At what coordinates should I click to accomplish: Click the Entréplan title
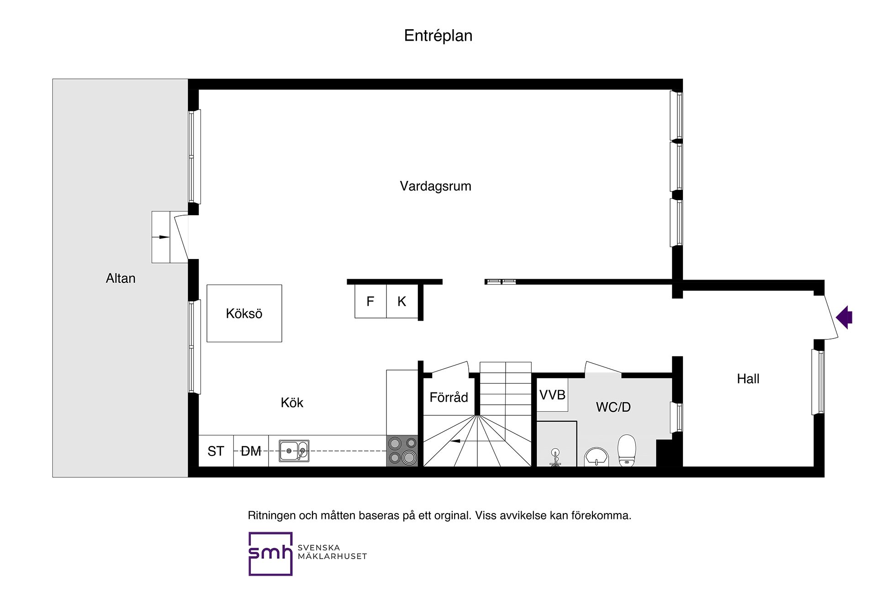click(x=438, y=36)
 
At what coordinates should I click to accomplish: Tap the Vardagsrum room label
click(x=435, y=186)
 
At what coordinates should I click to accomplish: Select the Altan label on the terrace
click(x=121, y=278)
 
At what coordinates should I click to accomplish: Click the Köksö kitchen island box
click(x=244, y=313)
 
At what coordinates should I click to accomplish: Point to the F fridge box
click(x=370, y=301)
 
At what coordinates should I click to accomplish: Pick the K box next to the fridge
click(x=402, y=301)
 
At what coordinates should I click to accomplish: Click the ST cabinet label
click(x=216, y=451)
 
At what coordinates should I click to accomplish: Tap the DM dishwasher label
click(x=251, y=451)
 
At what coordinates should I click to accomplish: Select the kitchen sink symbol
click(x=294, y=451)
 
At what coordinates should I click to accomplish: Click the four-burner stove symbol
click(x=402, y=450)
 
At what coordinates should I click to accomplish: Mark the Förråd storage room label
click(x=449, y=397)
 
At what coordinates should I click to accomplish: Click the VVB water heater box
click(x=552, y=395)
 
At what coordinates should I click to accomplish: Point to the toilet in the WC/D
click(x=627, y=450)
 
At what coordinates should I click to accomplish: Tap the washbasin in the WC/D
click(x=597, y=456)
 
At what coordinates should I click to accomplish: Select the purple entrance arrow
click(x=845, y=317)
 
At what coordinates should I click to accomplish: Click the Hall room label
click(x=748, y=378)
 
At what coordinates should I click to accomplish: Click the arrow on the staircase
click(x=456, y=441)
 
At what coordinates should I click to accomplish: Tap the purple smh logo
click(x=270, y=553)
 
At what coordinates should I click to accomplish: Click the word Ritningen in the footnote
click(x=271, y=515)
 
